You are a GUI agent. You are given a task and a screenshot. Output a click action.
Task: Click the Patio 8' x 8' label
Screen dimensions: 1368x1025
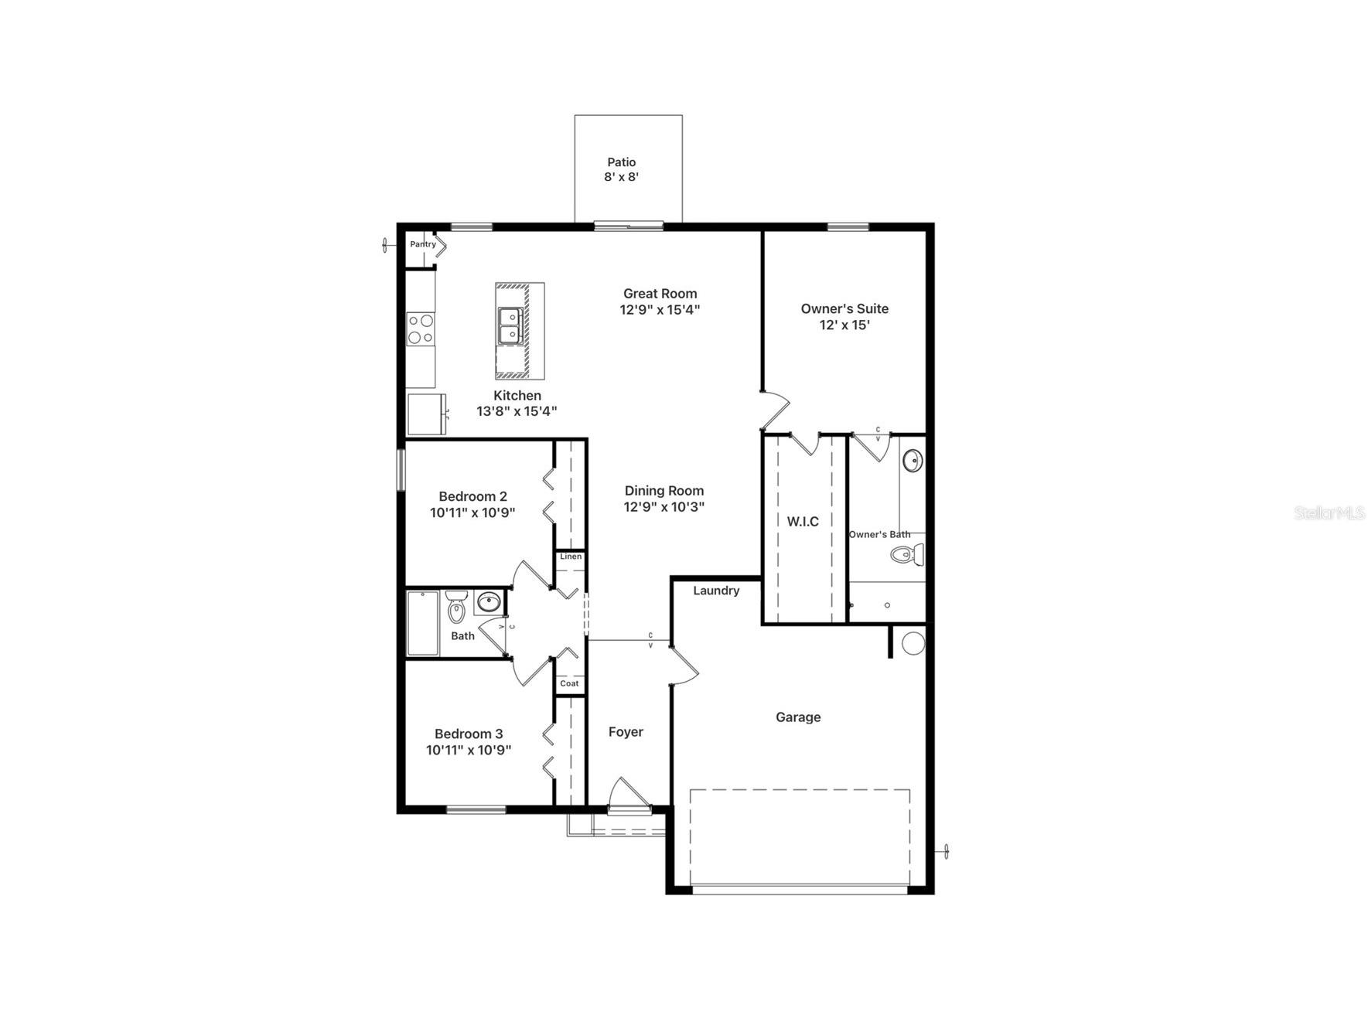pyautogui.click(x=621, y=169)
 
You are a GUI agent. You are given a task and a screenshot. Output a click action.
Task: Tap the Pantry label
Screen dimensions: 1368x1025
pyautogui.click(x=423, y=244)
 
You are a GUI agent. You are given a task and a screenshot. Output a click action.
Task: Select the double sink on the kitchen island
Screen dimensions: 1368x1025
pyautogui.click(x=510, y=325)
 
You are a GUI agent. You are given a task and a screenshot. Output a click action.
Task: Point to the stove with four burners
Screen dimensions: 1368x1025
pyautogui.click(x=421, y=329)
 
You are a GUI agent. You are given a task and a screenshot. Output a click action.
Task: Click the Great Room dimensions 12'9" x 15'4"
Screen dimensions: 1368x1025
pyautogui.click(x=660, y=310)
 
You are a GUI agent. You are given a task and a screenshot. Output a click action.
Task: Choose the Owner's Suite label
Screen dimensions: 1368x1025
pyautogui.click(x=844, y=308)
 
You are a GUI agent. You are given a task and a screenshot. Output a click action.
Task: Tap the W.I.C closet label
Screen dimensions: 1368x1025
pyautogui.click(x=803, y=522)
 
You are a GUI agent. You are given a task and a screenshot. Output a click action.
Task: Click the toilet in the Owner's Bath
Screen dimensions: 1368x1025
pyautogui.click(x=907, y=554)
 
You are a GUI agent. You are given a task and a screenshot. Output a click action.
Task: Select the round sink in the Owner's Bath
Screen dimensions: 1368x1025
pyautogui.click(x=913, y=461)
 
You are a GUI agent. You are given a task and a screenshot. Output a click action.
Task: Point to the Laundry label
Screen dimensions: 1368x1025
pyautogui.click(x=716, y=591)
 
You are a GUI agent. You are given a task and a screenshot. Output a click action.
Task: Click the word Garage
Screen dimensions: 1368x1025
pyautogui.click(x=798, y=717)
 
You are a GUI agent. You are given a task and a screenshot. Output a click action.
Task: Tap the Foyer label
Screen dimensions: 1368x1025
pyautogui.click(x=626, y=732)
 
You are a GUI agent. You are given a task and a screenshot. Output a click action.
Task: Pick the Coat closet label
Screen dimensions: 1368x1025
pyautogui.click(x=569, y=683)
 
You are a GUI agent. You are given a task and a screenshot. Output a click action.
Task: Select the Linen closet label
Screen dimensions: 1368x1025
pyautogui.click(x=571, y=557)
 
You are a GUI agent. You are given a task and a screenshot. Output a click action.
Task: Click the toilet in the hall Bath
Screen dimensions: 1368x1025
pyautogui.click(x=457, y=607)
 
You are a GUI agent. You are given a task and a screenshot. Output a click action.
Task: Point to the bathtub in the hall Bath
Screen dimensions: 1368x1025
pyautogui.click(x=423, y=623)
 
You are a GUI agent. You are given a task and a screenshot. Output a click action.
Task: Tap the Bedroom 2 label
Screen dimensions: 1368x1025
pyautogui.click(x=472, y=496)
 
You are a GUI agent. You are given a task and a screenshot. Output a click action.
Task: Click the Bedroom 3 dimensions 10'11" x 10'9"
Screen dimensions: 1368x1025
pyautogui.click(x=469, y=750)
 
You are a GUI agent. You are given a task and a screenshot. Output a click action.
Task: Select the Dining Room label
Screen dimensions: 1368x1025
pyautogui.click(x=664, y=491)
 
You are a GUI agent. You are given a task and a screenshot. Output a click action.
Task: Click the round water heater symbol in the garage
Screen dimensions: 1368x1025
pyautogui.click(x=913, y=643)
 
